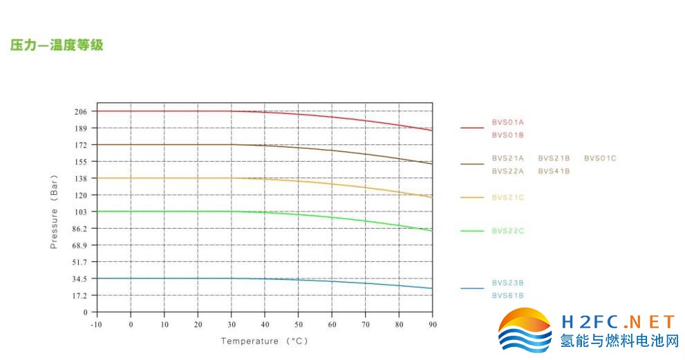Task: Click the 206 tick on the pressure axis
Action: (80, 111)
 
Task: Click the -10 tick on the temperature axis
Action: (97, 324)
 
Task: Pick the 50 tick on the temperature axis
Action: (298, 324)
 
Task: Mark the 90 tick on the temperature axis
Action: (432, 324)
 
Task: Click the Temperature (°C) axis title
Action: (264, 341)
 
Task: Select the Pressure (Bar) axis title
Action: (54, 211)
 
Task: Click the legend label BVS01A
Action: (507, 122)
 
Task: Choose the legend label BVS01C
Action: (599, 158)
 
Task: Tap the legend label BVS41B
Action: (554, 171)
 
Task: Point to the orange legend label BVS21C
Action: (507, 198)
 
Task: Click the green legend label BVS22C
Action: (507, 231)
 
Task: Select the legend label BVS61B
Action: (507, 296)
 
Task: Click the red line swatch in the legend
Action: (472, 128)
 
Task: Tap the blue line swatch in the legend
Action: (472, 289)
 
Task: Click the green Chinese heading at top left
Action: (57, 46)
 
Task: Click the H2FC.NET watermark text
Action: (618, 322)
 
